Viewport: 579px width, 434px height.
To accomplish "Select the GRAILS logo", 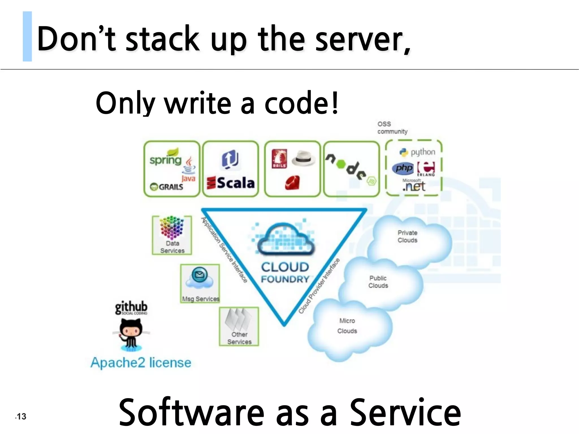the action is tap(167, 187).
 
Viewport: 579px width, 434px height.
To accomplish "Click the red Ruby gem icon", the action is tap(292, 182).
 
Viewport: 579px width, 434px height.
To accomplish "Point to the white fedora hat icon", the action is tap(303, 159).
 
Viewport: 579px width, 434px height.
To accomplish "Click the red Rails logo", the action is tap(279, 159).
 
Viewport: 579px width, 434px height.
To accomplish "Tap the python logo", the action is tap(417, 152).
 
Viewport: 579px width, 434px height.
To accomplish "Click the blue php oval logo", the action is tap(403, 168).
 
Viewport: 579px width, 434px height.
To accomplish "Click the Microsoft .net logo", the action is tap(414, 185).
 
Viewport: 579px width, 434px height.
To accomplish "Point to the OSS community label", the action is tap(392, 128).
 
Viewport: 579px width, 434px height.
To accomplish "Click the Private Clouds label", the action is tap(407, 236).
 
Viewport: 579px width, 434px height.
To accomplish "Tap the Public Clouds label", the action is tap(378, 282).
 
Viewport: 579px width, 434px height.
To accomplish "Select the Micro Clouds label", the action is tap(347, 326).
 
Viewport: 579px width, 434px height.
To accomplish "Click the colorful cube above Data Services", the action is tap(172, 228).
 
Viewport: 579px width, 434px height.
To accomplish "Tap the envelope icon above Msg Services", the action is tap(199, 274).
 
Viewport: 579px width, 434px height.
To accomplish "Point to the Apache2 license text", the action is tap(141, 363).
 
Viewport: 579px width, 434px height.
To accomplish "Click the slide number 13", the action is tap(21, 416).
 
